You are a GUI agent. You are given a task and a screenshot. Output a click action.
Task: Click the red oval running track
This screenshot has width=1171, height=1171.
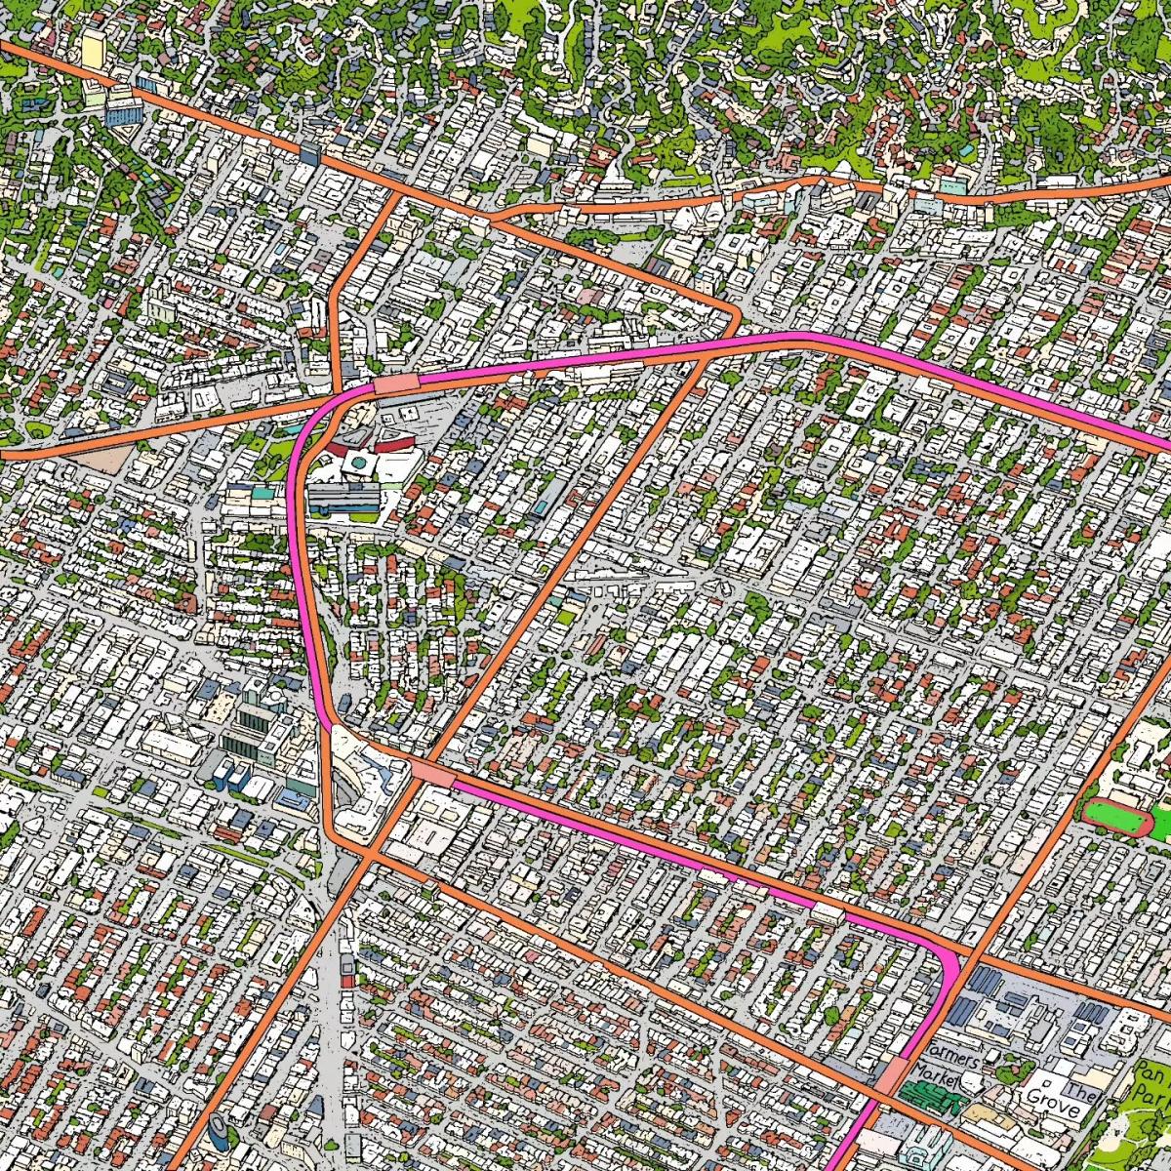1118,815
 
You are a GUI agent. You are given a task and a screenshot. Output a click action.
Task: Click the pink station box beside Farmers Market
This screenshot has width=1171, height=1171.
890,1076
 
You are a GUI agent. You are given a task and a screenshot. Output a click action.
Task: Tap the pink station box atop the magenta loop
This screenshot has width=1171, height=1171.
395,384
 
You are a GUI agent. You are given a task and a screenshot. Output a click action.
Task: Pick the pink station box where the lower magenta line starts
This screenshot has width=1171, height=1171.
428,772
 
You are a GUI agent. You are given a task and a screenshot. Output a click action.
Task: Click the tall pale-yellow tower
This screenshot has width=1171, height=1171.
93,49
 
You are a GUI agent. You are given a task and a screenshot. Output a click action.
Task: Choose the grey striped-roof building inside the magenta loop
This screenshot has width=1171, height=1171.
343,501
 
